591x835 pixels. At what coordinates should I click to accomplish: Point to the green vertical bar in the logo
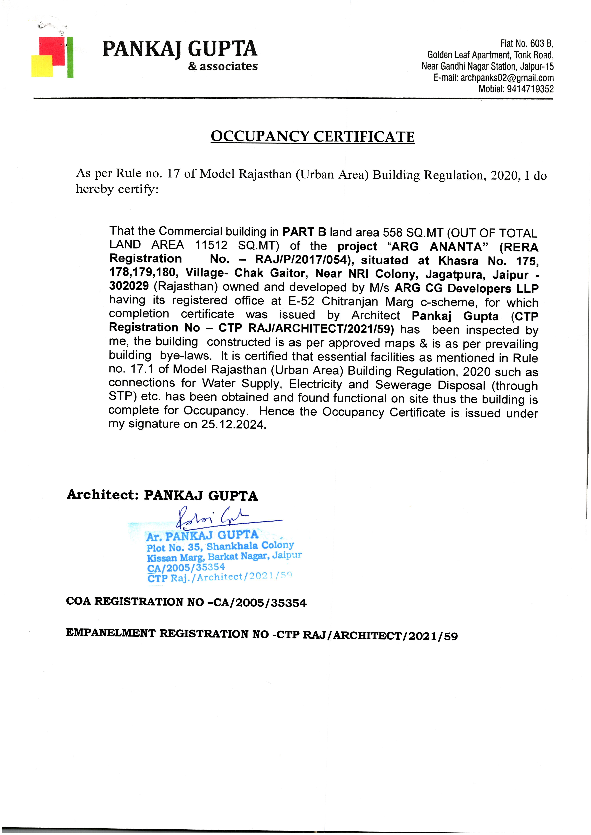(70, 57)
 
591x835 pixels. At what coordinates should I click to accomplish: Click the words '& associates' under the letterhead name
(223, 67)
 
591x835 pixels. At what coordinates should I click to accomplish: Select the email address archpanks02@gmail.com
(507, 78)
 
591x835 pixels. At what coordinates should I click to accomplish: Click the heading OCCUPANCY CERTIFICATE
(312, 137)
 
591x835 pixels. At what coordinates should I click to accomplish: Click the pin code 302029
(129, 286)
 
